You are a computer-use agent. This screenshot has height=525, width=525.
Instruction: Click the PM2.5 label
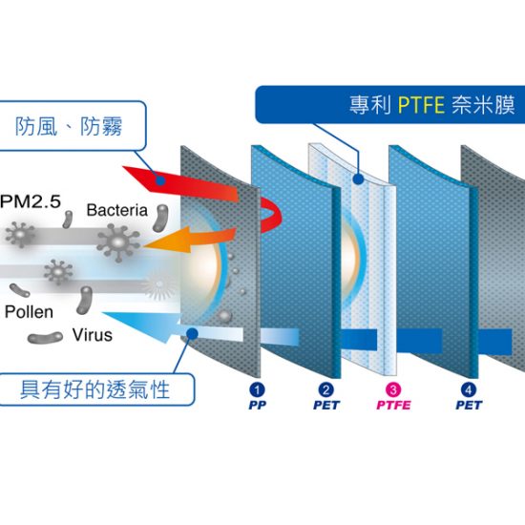click(31, 201)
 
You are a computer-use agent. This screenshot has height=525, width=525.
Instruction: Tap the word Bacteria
click(117, 210)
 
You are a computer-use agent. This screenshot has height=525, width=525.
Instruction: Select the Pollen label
click(30, 312)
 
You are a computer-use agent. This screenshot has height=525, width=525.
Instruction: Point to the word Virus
click(93, 335)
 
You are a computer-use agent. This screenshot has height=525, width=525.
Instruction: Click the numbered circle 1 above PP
click(257, 389)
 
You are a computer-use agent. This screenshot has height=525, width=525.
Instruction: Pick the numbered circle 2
click(325, 389)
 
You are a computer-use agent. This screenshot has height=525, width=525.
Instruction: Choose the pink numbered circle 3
click(393, 389)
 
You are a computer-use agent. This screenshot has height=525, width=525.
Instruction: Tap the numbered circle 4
click(469, 389)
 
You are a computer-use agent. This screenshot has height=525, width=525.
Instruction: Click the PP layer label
click(257, 405)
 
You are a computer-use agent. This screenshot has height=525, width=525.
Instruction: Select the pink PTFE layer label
click(393, 405)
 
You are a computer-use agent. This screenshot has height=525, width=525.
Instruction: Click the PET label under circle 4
click(469, 405)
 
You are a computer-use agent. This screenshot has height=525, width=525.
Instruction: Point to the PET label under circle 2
click(326, 405)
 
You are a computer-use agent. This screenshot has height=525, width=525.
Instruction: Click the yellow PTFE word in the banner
click(421, 105)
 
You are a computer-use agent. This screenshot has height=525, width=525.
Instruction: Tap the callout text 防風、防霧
click(69, 126)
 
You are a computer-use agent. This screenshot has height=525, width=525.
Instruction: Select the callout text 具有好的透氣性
click(95, 389)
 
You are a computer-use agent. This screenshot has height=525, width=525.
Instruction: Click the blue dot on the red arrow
click(160, 181)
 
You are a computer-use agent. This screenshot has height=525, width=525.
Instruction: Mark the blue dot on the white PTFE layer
click(358, 179)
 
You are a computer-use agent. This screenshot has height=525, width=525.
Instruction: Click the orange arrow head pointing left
click(166, 240)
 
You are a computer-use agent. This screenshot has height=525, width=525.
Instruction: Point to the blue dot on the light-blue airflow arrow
click(193, 333)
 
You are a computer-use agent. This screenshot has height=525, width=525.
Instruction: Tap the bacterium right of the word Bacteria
click(160, 218)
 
